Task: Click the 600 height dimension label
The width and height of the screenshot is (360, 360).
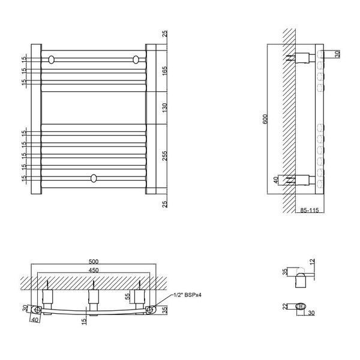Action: [265, 119]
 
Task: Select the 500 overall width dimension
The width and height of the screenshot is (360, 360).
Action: [94, 262]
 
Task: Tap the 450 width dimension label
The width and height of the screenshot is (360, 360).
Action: [94, 270]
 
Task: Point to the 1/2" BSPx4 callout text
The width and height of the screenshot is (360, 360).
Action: [187, 295]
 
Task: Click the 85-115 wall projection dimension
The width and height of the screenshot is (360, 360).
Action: [310, 210]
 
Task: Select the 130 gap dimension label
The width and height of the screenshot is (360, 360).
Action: [164, 108]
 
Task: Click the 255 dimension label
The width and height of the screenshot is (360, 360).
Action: [164, 155]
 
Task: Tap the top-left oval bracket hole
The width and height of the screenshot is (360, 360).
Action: [52, 59]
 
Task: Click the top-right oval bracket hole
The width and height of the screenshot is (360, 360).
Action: [136, 59]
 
